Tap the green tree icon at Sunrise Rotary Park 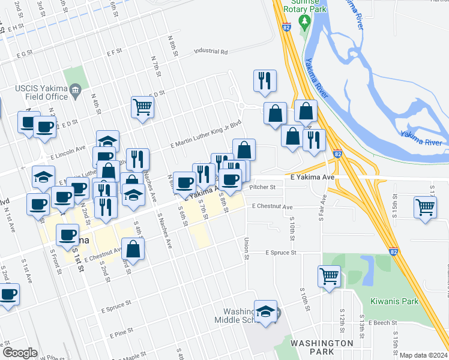(304, 23)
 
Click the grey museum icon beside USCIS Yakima (75, 92)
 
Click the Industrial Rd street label (211, 52)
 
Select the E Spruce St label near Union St (282, 253)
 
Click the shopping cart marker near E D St (143, 107)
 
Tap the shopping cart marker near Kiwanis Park (330, 276)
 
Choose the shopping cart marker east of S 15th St (426, 208)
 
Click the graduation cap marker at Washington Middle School (265, 311)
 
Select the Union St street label (247, 248)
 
